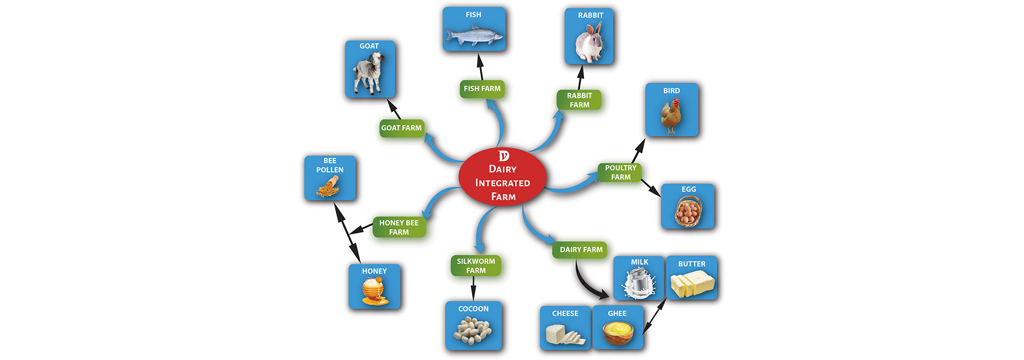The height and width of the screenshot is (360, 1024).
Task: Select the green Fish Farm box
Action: (482, 89)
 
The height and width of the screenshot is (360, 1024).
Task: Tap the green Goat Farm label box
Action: (401, 128)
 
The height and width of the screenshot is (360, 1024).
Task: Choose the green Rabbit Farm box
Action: (579, 100)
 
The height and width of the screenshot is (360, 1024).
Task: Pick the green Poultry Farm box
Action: (620, 172)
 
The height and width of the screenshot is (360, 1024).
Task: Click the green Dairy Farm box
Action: (581, 250)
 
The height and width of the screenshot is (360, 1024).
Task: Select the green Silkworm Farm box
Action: (476, 266)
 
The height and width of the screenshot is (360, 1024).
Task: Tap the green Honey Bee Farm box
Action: (399, 227)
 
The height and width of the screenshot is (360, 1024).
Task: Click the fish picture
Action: (474, 35)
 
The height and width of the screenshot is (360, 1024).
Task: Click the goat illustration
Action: (369, 74)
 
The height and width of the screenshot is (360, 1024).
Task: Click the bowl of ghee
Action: (618, 333)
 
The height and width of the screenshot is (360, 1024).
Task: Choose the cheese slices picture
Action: (565, 334)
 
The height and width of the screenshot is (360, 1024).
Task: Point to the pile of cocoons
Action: (473, 330)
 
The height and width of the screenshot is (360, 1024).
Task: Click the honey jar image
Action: (374, 292)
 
